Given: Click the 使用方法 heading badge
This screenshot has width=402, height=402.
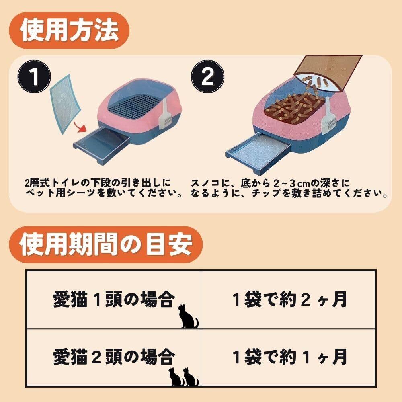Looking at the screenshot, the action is click(x=69, y=31).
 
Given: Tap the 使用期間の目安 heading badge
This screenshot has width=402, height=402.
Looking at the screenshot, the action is click(x=106, y=244).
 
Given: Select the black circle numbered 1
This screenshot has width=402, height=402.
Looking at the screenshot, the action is click(x=34, y=76).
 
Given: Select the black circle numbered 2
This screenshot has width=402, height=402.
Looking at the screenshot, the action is click(x=207, y=76).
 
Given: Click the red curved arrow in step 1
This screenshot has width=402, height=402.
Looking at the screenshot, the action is click(x=80, y=126).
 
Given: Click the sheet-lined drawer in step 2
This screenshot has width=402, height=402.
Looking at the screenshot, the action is click(x=258, y=150).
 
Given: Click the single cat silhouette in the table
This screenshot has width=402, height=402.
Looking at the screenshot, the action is click(x=188, y=316).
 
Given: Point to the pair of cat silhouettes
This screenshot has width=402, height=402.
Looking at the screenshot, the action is click(x=184, y=377).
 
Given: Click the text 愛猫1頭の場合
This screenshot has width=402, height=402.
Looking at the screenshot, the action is click(x=114, y=299).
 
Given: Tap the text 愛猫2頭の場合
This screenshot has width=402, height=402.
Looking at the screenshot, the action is click(x=114, y=357).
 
